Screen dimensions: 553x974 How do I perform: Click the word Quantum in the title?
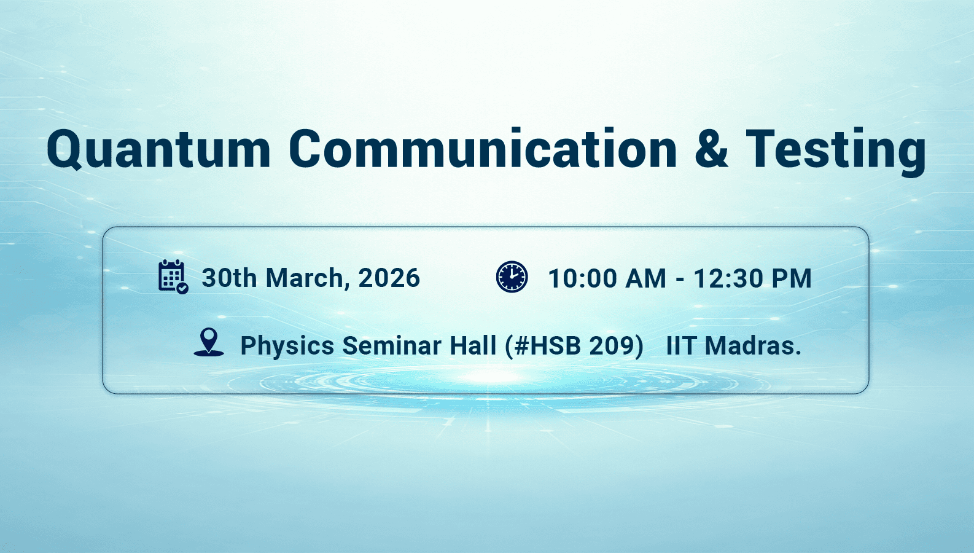pyautogui.click(x=158, y=150)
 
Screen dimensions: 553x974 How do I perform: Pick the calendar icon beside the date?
pyautogui.click(x=173, y=276)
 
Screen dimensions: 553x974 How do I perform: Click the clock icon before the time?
pyautogui.click(x=512, y=276)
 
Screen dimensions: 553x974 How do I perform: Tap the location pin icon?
pyautogui.click(x=209, y=342)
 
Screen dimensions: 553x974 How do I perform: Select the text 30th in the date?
pyautogui.click(x=229, y=278)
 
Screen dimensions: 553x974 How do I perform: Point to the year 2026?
pyautogui.click(x=389, y=278)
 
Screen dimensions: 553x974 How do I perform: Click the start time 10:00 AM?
pyautogui.click(x=607, y=278)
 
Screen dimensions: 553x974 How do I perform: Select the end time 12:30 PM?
pyautogui.click(x=752, y=278)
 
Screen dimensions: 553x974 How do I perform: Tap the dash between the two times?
pyautogui.click(x=680, y=280)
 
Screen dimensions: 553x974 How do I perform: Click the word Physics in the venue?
pyautogui.click(x=287, y=346)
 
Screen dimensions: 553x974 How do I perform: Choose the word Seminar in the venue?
pyautogui.click(x=392, y=345)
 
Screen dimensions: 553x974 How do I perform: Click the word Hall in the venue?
pyautogui.click(x=473, y=345)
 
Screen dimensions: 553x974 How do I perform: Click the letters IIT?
pyautogui.click(x=682, y=345)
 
